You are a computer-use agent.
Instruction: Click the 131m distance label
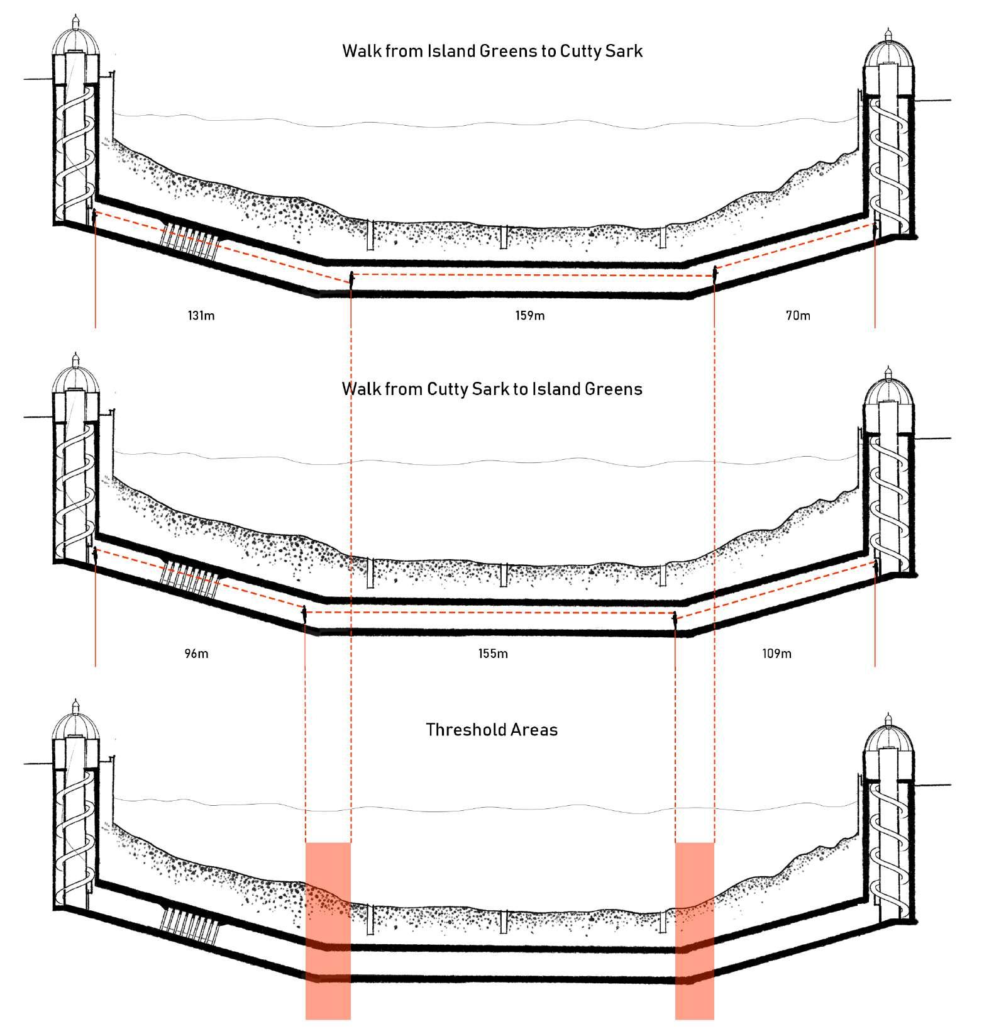[x=201, y=315]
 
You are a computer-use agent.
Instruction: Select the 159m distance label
[x=530, y=315]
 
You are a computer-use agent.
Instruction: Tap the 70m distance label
[x=798, y=315]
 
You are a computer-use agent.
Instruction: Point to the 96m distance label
[x=196, y=654]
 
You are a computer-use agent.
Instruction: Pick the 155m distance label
[x=493, y=654]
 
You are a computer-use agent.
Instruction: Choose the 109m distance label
[x=777, y=654]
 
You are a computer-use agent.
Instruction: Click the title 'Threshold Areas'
[x=492, y=730]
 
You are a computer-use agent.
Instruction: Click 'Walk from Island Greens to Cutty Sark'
[x=492, y=50]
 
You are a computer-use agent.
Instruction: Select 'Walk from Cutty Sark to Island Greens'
[x=492, y=389]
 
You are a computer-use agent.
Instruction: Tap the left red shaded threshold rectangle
[x=328, y=930]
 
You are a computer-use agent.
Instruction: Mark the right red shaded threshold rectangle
[x=695, y=930]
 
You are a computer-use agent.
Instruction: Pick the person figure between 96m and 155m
[x=304, y=614]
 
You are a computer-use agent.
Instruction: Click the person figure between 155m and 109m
[x=675, y=619]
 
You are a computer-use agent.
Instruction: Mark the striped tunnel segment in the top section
[x=189, y=242]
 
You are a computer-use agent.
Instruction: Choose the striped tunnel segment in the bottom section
[x=189, y=924]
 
